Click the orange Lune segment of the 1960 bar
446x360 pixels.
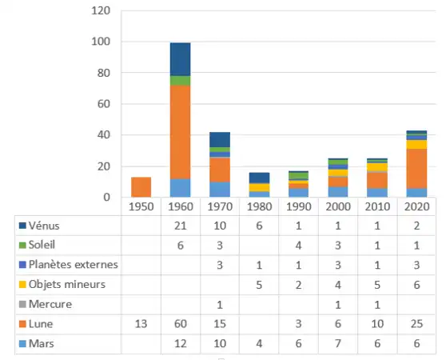pyautogui.click(x=180, y=132)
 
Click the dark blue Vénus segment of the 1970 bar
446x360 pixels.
pyautogui.click(x=220, y=139)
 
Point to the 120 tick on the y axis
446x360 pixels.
pyautogui.click(x=100, y=11)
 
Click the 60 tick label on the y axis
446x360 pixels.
pyautogui.click(x=103, y=104)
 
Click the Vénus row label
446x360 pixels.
pyautogui.click(x=45, y=226)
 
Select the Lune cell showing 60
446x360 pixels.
pyautogui.click(x=180, y=323)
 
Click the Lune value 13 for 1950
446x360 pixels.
pyautogui.click(x=141, y=323)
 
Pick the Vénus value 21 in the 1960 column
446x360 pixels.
pyautogui.click(x=180, y=226)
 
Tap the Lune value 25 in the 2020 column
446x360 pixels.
pyautogui.click(x=416, y=323)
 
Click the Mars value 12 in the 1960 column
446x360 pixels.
pyautogui.click(x=180, y=343)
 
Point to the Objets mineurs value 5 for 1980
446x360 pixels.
pyautogui.click(x=259, y=284)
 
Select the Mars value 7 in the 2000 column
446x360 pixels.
pyautogui.click(x=337, y=343)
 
